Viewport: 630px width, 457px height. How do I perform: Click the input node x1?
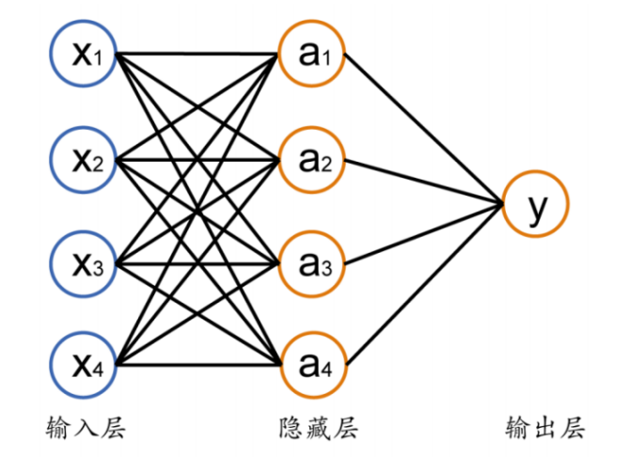tap(89, 56)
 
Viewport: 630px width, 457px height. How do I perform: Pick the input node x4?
tap(89, 361)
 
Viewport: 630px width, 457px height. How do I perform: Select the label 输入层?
tap(86, 429)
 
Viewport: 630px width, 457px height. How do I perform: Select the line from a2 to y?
tap(423, 181)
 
